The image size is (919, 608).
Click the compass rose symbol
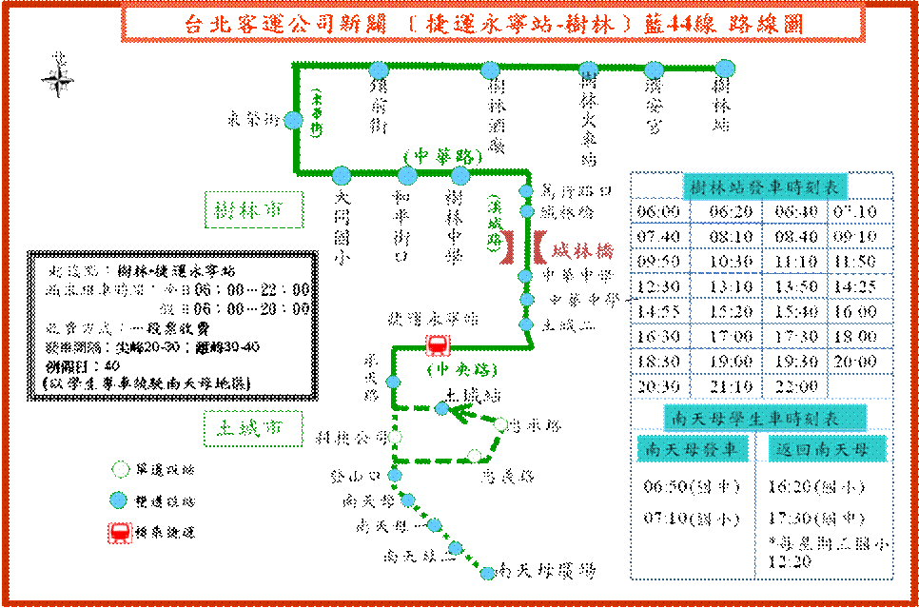tap(59, 81)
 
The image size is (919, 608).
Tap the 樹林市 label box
tap(253, 209)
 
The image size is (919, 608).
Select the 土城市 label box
tap(253, 429)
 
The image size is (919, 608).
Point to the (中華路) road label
tap(442, 155)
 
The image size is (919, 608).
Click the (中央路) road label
tap(463, 369)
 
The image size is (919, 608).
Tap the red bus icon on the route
tap(438, 345)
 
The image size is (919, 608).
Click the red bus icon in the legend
tap(120, 533)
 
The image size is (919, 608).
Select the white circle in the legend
tap(121, 469)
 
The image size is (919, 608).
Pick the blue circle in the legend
tap(118, 500)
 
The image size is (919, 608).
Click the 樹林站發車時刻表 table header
tap(764, 187)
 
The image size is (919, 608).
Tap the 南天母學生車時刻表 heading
tap(764, 418)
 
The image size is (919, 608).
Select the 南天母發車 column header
tap(691, 449)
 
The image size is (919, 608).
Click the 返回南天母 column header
tap(827, 449)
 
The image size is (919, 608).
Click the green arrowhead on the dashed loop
tap(463, 413)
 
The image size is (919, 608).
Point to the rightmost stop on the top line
tap(725, 69)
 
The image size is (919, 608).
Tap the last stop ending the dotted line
tap(487, 573)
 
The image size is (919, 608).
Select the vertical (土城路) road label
tap(495, 224)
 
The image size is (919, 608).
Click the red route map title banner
tap(493, 23)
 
